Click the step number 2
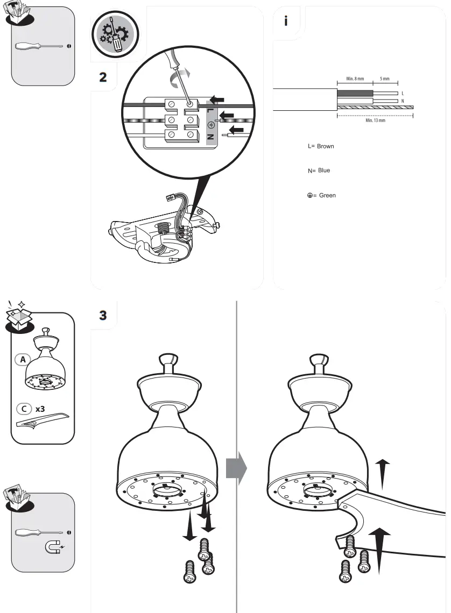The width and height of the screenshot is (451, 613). [x=103, y=76]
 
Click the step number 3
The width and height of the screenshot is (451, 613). [x=103, y=315]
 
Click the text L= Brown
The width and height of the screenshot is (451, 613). [x=321, y=146]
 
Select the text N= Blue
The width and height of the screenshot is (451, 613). [x=319, y=170]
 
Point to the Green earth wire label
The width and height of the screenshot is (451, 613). [x=321, y=195]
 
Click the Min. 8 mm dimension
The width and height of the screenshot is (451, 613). [x=351, y=79]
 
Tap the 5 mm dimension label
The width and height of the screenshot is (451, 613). [x=385, y=79]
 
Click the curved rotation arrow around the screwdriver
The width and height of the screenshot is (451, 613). [x=176, y=81]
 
